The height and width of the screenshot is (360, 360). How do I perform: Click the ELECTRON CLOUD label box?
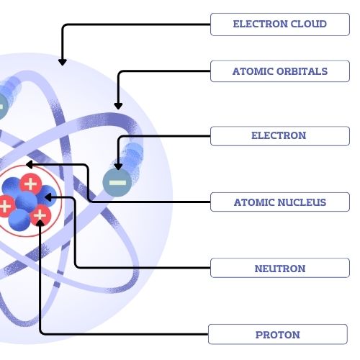[279, 24]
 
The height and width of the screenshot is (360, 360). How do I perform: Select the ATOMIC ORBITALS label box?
[279, 71]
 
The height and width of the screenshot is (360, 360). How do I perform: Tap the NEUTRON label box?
[279, 269]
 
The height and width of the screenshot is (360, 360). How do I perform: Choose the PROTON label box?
[277, 335]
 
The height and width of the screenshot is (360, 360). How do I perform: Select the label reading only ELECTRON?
[279, 135]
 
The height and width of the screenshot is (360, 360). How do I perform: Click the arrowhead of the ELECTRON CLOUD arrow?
[62, 62]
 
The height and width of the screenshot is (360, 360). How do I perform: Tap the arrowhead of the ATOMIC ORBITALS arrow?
[117, 106]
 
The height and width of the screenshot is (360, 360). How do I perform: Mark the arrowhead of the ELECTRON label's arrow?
[117, 167]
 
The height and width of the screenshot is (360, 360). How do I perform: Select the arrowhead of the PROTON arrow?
[40, 216]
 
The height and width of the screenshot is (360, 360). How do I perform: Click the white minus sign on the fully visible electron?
[117, 183]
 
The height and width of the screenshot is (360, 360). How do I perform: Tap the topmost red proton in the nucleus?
[31, 183]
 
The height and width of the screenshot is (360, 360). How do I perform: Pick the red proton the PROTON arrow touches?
[40, 214]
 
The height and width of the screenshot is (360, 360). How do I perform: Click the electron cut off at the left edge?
[1, 107]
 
